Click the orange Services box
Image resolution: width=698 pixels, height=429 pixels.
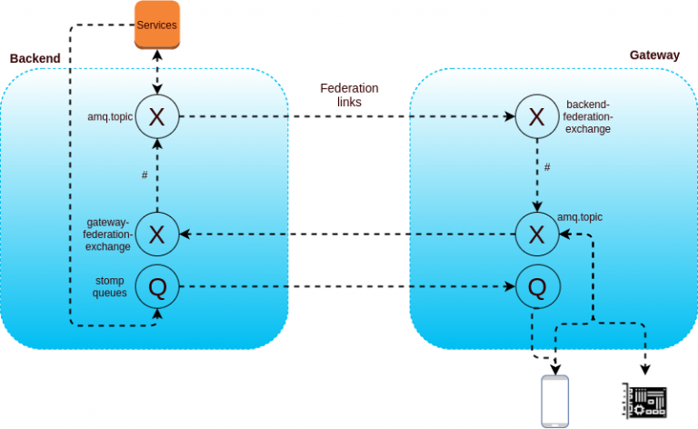(156, 25)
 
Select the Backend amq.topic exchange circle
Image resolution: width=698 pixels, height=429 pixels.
(156, 116)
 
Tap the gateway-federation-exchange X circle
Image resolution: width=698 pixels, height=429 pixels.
(156, 234)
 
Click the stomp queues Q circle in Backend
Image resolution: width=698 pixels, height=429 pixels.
(156, 287)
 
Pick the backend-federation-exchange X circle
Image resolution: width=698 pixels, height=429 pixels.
(536, 116)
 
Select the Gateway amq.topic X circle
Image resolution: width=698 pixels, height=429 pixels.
(536, 234)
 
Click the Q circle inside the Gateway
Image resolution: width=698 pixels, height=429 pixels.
(536, 287)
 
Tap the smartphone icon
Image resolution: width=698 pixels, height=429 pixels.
(554, 401)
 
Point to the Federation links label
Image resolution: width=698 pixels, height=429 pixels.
(349, 95)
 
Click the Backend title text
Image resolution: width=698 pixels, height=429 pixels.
(35, 58)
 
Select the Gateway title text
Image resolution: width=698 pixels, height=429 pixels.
(654, 55)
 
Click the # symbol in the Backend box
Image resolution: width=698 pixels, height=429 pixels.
(145, 174)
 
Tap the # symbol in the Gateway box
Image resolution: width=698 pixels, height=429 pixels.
(546, 167)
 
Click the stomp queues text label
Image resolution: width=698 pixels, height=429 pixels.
(109, 286)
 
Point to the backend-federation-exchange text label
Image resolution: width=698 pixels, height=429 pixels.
(589, 116)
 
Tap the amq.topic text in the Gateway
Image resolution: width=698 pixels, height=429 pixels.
(580, 217)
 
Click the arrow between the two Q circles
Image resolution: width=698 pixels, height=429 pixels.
(345, 287)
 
